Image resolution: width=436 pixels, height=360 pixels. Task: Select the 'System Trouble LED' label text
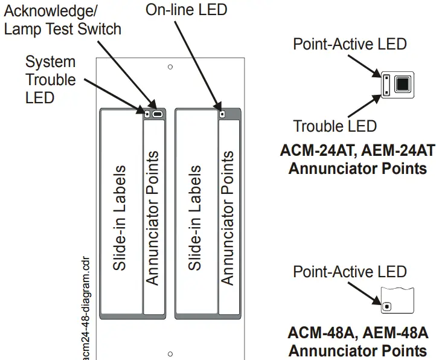(x=51, y=80)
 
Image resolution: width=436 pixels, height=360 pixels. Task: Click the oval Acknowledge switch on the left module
(x=158, y=113)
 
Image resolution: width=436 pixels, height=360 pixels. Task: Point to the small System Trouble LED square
(x=146, y=113)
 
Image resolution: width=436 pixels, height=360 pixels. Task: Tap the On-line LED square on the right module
(x=222, y=113)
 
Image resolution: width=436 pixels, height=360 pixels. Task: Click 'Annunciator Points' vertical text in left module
(x=153, y=217)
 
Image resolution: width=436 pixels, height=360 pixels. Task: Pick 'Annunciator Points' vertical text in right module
(x=228, y=217)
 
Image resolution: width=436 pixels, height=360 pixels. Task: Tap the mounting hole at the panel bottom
(x=170, y=354)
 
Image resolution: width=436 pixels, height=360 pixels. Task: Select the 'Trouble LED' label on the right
(x=335, y=126)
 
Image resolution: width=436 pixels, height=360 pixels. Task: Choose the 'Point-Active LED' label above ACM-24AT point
(x=350, y=44)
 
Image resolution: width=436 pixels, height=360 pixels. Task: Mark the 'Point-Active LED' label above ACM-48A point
(x=350, y=272)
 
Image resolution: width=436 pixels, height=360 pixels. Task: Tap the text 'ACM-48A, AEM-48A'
(x=357, y=333)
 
